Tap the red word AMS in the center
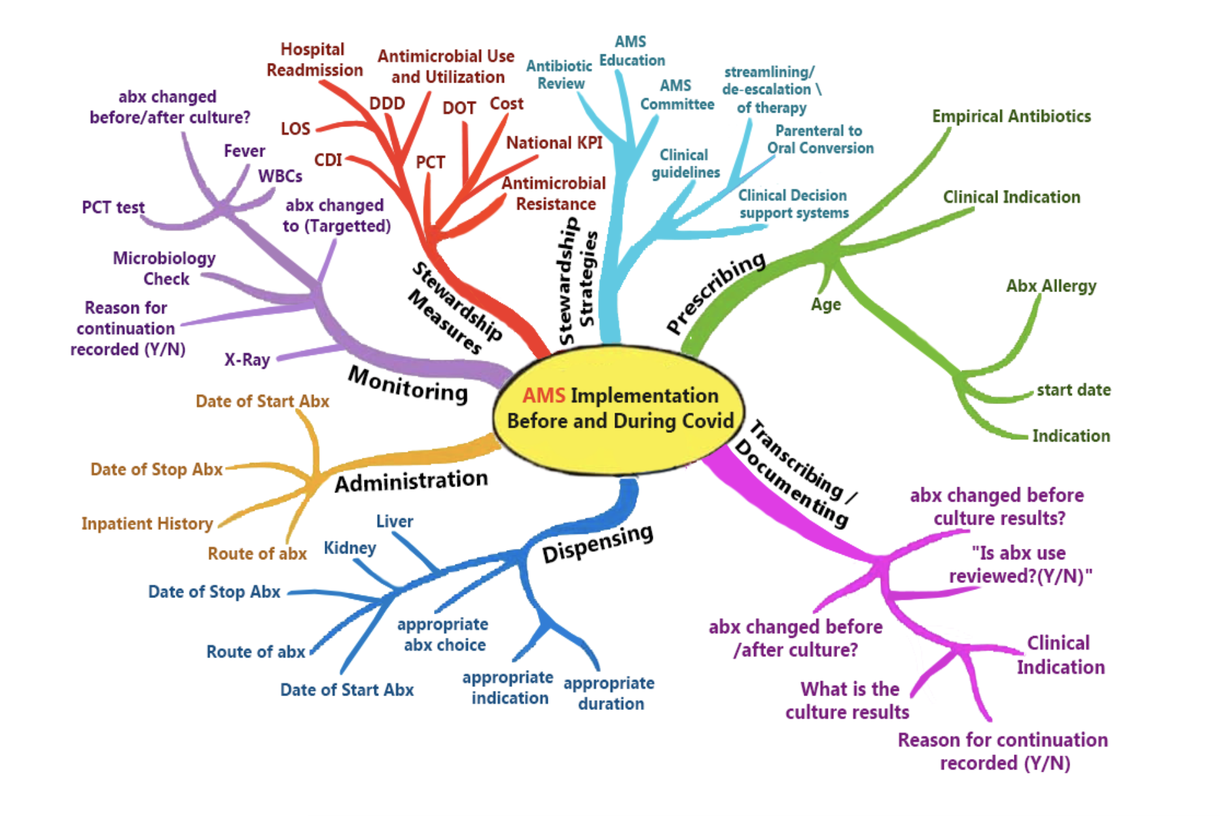click(x=543, y=396)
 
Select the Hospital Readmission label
click(x=314, y=60)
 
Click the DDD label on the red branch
click(x=387, y=103)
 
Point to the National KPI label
click(x=554, y=143)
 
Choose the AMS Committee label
click(x=677, y=95)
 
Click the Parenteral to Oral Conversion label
click(x=820, y=139)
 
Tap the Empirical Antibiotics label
click(x=1011, y=117)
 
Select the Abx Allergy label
click(x=1050, y=286)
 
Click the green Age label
click(x=825, y=305)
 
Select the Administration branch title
click(x=411, y=481)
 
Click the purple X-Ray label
click(x=247, y=360)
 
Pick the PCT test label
click(x=113, y=208)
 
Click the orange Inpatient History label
click(x=147, y=524)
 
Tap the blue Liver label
click(x=394, y=521)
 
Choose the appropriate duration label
click(x=609, y=694)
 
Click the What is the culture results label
click(x=848, y=701)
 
